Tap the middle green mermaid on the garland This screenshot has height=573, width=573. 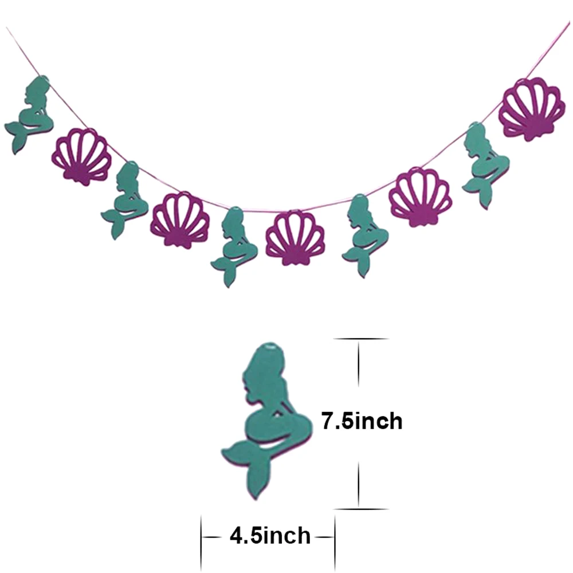click(x=234, y=245)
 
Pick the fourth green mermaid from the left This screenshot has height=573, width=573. click(x=366, y=234)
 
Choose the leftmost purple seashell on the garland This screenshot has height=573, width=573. click(x=81, y=157)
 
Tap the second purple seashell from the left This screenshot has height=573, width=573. click(x=180, y=220)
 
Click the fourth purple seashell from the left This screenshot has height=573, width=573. click(x=420, y=197)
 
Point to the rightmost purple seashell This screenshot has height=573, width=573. click(x=530, y=109)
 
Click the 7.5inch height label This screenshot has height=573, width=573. click(x=362, y=421)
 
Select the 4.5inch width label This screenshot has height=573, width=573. click(x=270, y=535)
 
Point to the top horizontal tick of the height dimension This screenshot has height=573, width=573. click(x=360, y=339)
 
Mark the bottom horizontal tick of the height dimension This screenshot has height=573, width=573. click(x=360, y=509)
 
